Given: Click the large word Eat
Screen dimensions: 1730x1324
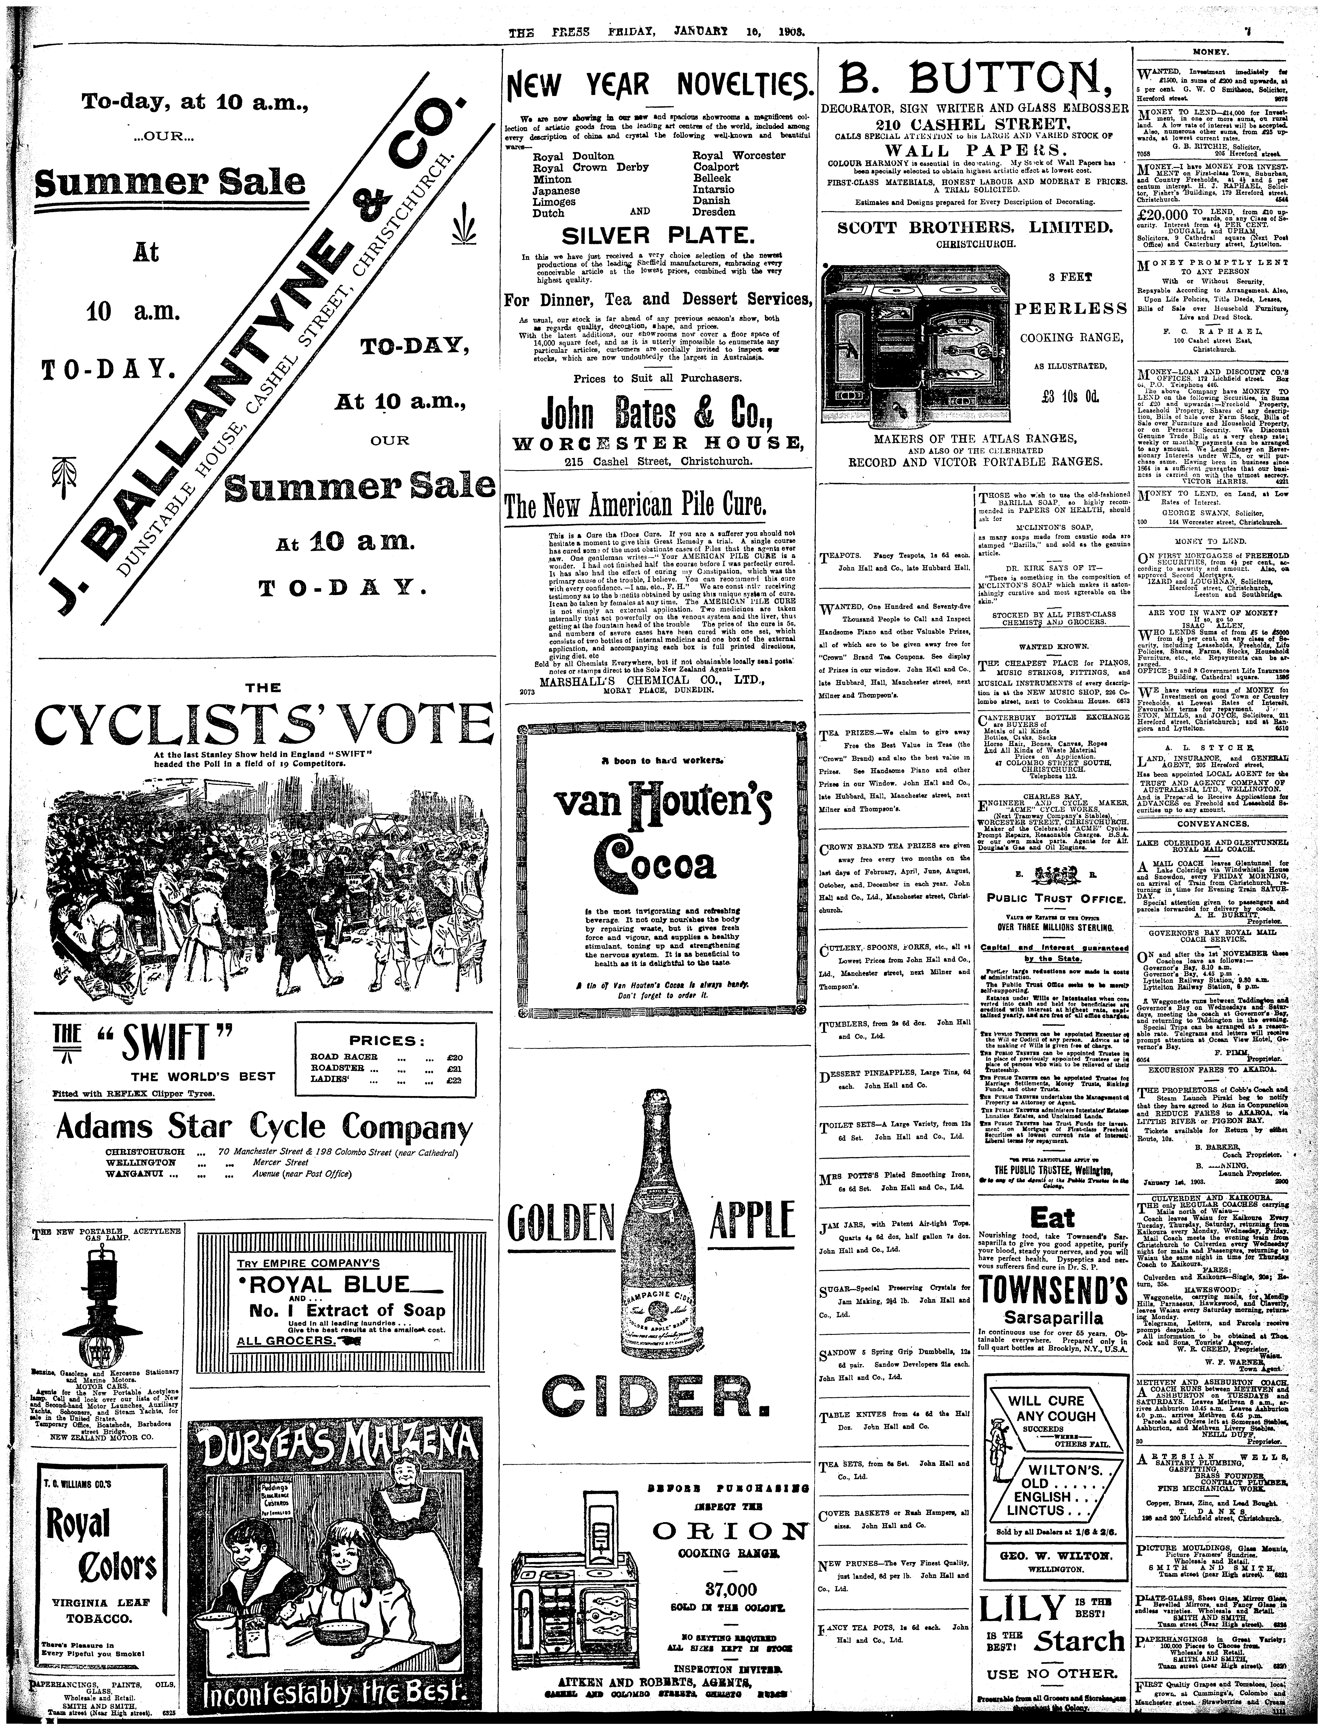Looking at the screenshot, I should pyautogui.click(x=1052, y=1216).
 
